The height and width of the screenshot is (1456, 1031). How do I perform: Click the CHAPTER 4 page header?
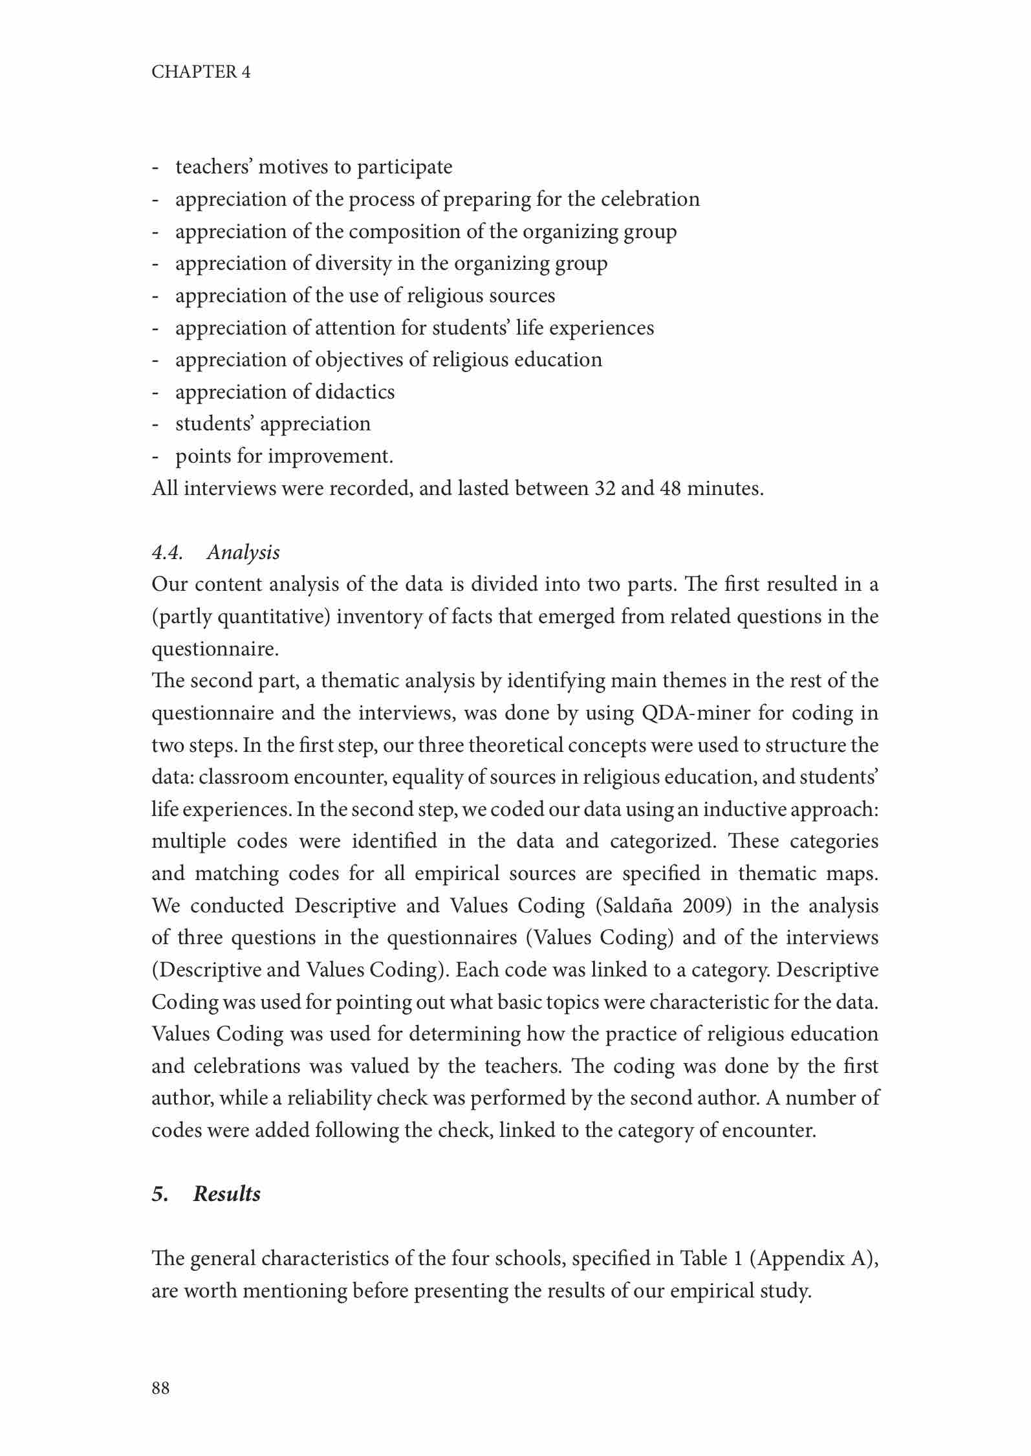[201, 72]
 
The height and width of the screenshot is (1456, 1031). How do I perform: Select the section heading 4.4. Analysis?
[215, 552]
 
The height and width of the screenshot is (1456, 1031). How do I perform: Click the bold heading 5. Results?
[206, 1194]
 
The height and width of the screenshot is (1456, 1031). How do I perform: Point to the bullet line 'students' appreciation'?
[272, 424]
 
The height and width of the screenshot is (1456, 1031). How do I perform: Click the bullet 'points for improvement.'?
[284, 456]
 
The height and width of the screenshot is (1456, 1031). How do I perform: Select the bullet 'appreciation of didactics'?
[285, 392]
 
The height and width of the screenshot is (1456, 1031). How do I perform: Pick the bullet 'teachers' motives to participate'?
[314, 167]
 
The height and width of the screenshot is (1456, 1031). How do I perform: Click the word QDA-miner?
[696, 713]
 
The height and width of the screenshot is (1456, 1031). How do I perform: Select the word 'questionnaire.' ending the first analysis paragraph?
[215, 649]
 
